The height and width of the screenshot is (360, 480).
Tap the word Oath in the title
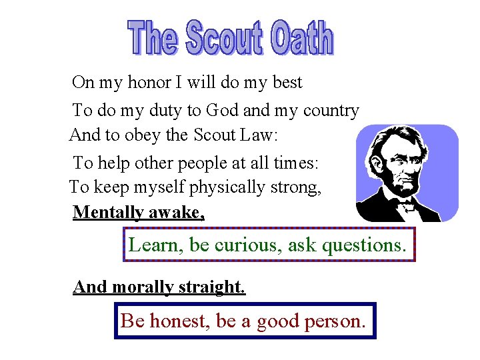[x=301, y=38]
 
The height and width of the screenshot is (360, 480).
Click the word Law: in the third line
[x=257, y=135]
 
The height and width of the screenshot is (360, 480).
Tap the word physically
[x=227, y=188]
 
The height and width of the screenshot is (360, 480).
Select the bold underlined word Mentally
[x=108, y=213]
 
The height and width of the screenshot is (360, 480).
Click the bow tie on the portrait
[x=405, y=204]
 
